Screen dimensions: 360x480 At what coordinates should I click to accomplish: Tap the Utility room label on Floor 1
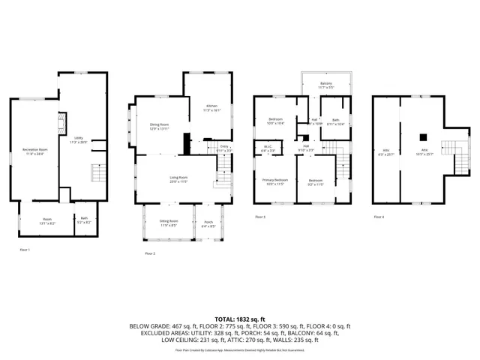tap(79, 140)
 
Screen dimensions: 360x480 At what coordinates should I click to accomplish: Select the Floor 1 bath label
tap(84, 221)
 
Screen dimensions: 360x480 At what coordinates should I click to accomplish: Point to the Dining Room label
tap(159, 127)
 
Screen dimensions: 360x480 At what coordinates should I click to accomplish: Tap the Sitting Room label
tap(169, 223)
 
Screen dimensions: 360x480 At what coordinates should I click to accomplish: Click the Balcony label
tap(325, 85)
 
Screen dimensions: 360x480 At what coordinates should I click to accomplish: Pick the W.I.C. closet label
tap(268, 148)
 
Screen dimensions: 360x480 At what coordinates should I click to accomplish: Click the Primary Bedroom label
tap(274, 181)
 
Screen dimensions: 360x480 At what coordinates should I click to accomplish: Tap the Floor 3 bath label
tap(335, 121)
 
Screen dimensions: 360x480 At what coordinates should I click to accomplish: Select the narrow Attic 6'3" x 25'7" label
tap(387, 151)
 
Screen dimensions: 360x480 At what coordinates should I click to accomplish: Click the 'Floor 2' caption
tap(150, 253)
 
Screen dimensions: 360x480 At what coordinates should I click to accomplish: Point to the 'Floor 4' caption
tap(379, 217)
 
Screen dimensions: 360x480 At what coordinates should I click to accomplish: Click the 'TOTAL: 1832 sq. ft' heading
tap(239, 319)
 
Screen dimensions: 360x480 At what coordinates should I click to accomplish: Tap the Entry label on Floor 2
tap(223, 148)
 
